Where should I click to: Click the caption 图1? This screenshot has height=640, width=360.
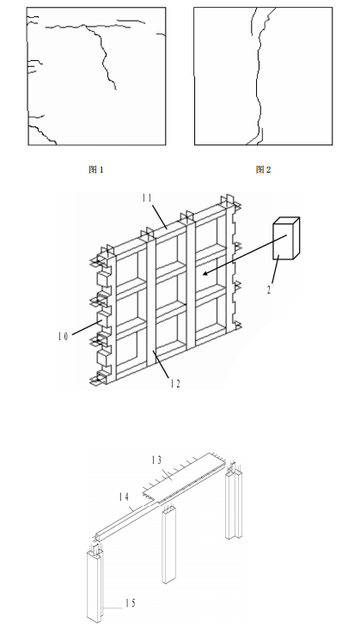pos(96,170)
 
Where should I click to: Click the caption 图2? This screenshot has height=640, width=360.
pos(264,170)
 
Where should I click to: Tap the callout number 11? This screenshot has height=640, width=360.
pos(147,198)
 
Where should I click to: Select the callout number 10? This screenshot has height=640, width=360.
pos(64,338)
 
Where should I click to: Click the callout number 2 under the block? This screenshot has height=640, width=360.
pos(268,290)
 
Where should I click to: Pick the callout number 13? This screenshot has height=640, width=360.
pos(157,460)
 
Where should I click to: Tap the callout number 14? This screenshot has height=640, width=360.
pos(125,497)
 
